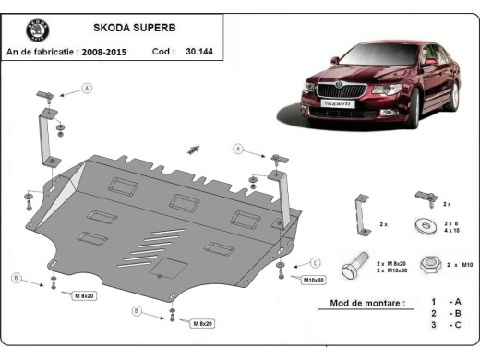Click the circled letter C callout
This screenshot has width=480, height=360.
[x=314, y=262]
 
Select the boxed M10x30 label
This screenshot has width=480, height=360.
[x=314, y=278]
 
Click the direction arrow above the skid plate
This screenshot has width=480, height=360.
[x=195, y=148]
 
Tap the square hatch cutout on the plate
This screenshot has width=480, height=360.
[x=168, y=267]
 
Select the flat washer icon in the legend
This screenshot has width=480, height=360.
[x=427, y=223]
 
